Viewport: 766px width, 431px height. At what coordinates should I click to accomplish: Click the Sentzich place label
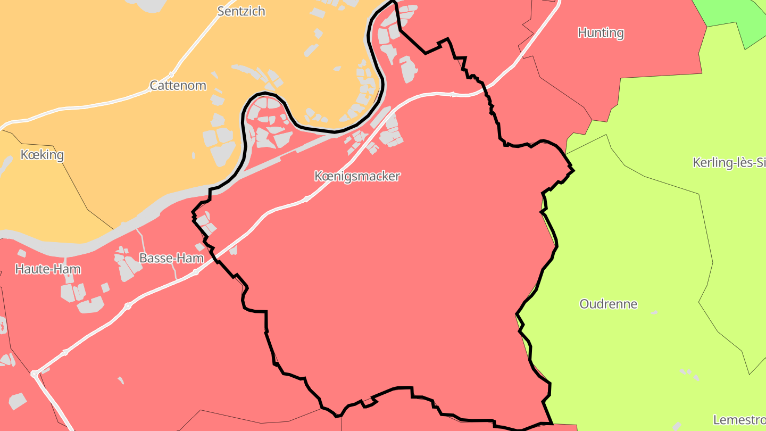[x=241, y=11]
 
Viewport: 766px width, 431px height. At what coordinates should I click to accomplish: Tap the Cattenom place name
[x=178, y=85]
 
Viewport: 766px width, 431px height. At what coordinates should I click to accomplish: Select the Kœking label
[x=42, y=155]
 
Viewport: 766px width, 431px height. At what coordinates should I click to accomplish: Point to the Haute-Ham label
[x=48, y=269]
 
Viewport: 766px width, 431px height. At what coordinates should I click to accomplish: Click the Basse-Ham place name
[x=171, y=258]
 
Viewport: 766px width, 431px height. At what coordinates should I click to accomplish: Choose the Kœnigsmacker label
[x=357, y=176]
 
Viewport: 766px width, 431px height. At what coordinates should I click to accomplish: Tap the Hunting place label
[x=601, y=33]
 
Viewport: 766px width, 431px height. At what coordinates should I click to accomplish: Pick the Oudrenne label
[x=608, y=304]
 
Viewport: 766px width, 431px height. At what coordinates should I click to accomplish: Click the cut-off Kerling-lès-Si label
[x=729, y=163]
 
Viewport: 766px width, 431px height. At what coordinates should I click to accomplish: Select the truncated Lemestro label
[x=739, y=420]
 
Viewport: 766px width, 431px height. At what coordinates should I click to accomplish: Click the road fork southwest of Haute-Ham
[x=35, y=374]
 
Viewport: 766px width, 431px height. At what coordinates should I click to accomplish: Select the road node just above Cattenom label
[x=171, y=74]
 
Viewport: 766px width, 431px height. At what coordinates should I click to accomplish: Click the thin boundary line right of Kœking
[x=74, y=181]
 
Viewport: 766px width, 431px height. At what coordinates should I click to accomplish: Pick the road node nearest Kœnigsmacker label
[x=307, y=199]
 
